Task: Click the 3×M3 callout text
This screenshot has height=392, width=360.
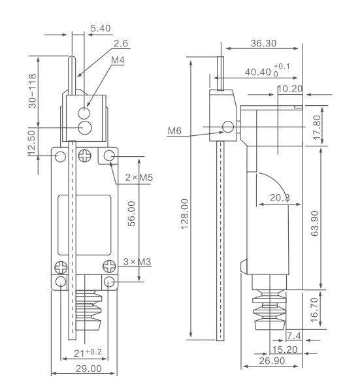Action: tap(139, 262)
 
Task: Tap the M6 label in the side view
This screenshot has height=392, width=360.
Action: tap(175, 131)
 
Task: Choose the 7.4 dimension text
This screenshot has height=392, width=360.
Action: tap(295, 336)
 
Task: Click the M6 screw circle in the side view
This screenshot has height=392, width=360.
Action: tap(228, 127)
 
